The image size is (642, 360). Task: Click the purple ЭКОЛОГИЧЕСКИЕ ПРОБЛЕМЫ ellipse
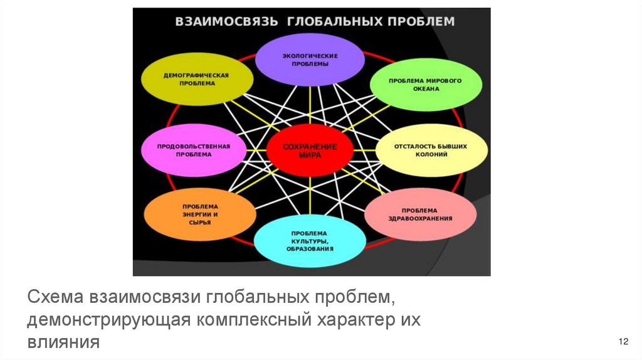[310, 59]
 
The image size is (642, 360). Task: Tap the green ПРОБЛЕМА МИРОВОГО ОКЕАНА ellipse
[426, 85]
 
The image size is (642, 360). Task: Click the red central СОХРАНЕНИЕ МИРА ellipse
[310, 151]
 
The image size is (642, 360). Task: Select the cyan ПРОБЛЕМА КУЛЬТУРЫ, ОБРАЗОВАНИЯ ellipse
[310, 240]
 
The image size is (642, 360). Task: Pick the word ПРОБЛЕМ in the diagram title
[423, 21]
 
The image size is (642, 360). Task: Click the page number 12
[623, 341]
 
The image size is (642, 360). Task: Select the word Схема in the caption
[56, 295]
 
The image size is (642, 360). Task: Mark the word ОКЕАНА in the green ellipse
[426, 89]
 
